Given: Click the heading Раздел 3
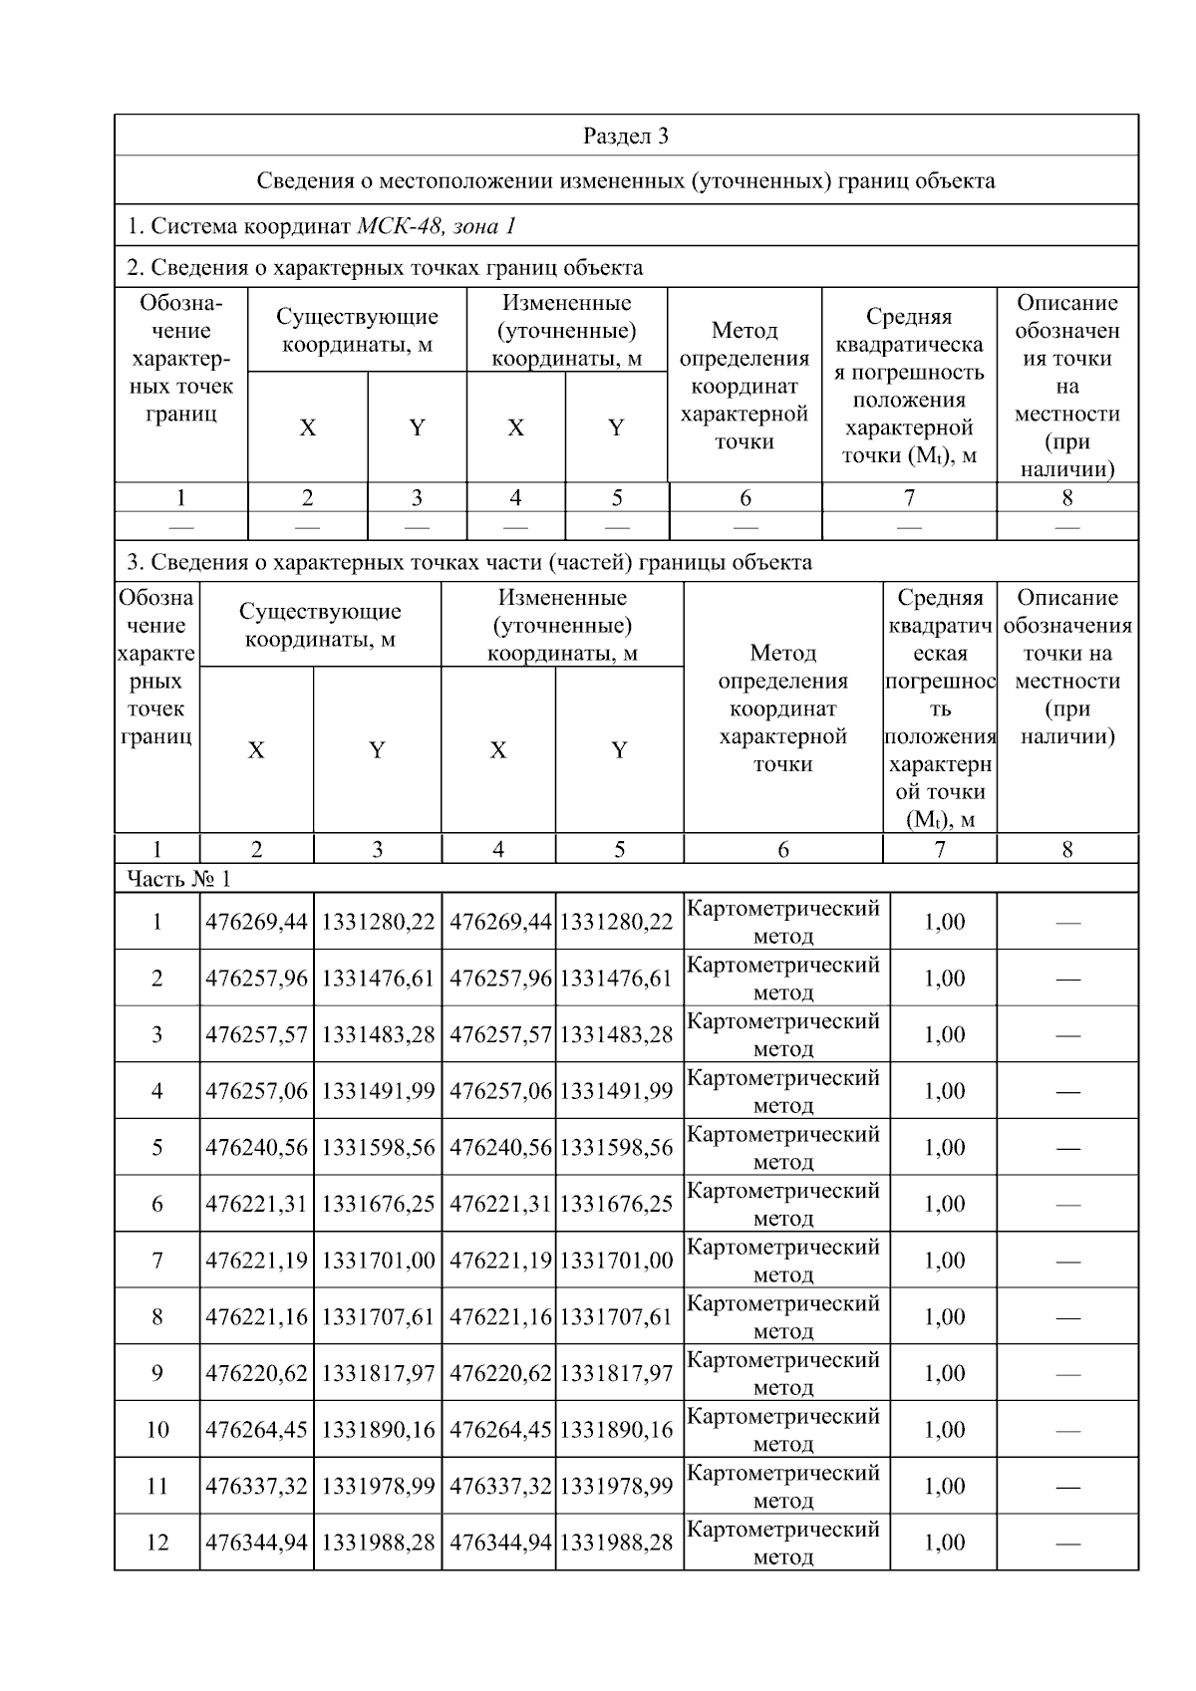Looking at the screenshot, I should pyautogui.click(x=625, y=137).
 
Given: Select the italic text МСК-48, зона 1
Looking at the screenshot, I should pyautogui.click(x=436, y=226).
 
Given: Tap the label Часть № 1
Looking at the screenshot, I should pyautogui.click(x=178, y=878).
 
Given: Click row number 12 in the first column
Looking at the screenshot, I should pyautogui.click(x=157, y=1543).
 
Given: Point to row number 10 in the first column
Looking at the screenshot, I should pyautogui.click(x=157, y=1430).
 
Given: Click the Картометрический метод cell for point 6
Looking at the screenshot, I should pyautogui.click(x=783, y=1204).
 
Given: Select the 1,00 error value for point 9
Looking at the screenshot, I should pyautogui.click(x=943, y=1373).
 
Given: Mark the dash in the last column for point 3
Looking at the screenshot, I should pyautogui.click(x=1067, y=1035).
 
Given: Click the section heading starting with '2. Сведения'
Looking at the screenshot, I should pyautogui.click(x=385, y=267).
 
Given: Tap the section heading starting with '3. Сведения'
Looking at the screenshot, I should pyautogui.click(x=468, y=562).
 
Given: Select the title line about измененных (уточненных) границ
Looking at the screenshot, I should pyautogui.click(x=625, y=180).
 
